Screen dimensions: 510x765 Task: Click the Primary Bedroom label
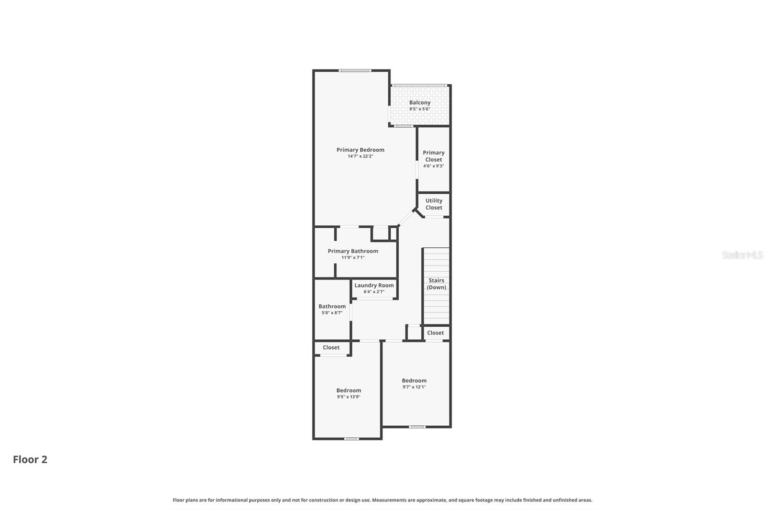[x=360, y=150]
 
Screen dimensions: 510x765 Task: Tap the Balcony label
[x=420, y=102]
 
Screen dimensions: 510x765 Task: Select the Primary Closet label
[x=434, y=156]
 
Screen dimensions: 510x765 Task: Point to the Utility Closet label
[x=434, y=204]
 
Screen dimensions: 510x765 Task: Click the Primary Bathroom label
[x=353, y=251]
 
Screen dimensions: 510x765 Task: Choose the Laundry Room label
[x=374, y=285]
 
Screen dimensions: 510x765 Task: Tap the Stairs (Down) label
[x=437, y=284]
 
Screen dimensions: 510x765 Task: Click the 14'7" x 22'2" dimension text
[x=360, y=156]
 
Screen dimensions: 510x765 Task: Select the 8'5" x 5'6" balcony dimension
[x=420, y=109]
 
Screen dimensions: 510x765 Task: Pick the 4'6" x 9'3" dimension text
[x=434, y=166]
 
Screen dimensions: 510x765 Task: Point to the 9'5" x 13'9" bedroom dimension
[x=349, y=397]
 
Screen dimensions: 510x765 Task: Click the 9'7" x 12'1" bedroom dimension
[x=414, y=387]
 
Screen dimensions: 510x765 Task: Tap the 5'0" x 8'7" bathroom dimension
[x=332, y=313]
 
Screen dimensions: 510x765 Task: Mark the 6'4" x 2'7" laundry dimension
[x=374, y=292]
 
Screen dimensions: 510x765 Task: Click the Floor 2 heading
[x=30, y=459]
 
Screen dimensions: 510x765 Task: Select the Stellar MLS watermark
[x=742, y=255]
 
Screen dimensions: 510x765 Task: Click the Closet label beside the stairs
[x=435, y=333]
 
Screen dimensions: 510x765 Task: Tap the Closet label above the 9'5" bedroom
[x=331, y=348]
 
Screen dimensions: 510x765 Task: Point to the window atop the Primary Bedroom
[x=355, y=71]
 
